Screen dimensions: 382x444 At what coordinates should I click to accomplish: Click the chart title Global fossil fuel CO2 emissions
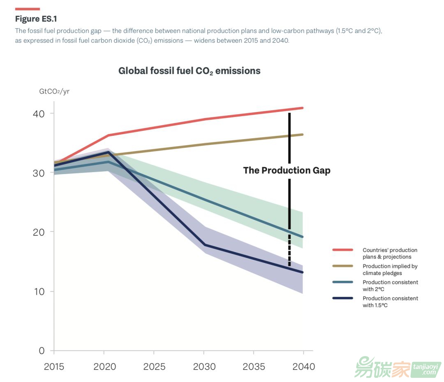tap(189, 71)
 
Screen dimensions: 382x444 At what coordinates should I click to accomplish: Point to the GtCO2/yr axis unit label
tap(54, 91)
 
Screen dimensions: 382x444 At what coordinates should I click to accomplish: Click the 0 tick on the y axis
tap(42, 351)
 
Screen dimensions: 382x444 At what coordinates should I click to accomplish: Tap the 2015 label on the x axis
tap(54, 366)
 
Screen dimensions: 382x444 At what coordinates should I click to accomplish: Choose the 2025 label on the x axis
tap(154, 366)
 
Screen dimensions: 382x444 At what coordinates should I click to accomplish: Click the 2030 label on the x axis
tap(204, 366)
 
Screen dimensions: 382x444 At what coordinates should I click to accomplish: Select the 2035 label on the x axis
tap(254, 366)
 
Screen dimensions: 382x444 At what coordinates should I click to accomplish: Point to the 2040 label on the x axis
tap(303, 366)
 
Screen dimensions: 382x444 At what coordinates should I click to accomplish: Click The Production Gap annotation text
tap(287, 170)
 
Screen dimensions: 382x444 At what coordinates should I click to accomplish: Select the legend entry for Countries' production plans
tap(390, 253)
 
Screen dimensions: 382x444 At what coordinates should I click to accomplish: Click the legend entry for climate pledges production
tap(390, 269)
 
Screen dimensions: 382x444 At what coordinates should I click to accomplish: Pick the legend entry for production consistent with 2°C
tap(390, 285)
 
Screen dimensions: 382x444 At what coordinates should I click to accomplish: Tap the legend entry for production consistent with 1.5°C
tap(390, 301)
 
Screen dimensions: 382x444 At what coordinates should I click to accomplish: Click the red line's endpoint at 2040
tap(303, 108)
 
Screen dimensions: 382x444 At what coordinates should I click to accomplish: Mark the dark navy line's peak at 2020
tap(108, 152)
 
